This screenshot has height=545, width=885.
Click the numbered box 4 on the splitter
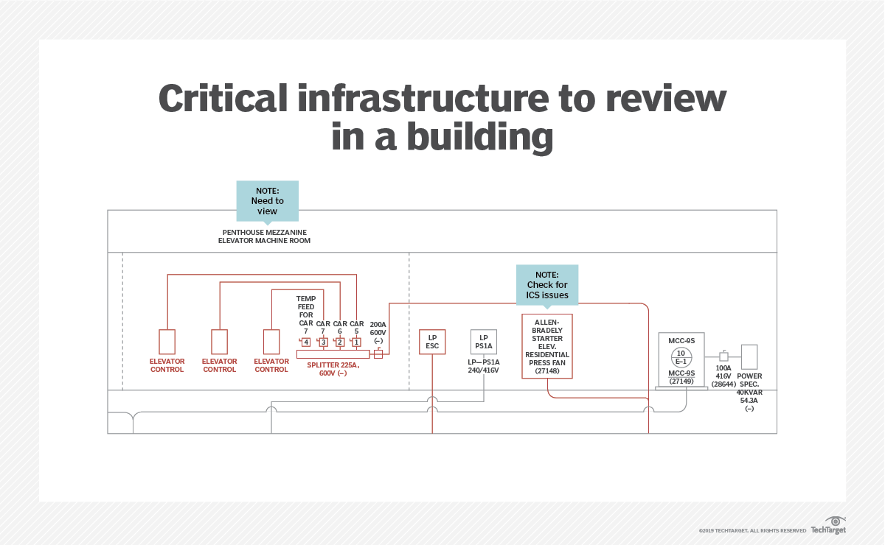point(305,342)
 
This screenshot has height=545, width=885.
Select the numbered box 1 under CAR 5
point(357,342)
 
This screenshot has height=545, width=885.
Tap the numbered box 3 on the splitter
point(323,342)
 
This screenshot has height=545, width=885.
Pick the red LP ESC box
point(432,341)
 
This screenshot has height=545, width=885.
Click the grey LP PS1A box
point(484,341)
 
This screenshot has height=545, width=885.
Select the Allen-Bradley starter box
point(547,346)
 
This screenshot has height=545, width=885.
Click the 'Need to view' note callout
point(267,200)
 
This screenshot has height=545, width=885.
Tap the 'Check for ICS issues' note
point(547,284)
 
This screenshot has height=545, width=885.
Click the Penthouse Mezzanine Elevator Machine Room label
point(263,236)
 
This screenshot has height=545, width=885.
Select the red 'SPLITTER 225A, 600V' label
point(333,369)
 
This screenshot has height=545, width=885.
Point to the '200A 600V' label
point(378,332)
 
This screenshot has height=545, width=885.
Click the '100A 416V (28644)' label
point(723,376)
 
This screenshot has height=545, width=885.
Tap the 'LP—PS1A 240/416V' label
point(484,366)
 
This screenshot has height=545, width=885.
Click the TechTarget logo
point(827,526)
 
